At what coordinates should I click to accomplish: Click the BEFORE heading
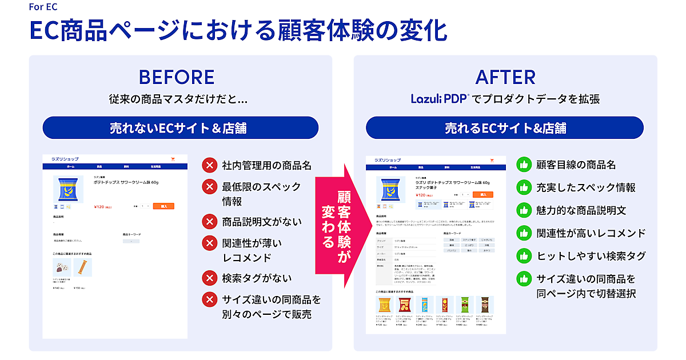click(177, 77)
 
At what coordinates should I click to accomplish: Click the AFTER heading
click(505, 77)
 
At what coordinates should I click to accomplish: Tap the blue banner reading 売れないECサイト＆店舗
click(180, 127)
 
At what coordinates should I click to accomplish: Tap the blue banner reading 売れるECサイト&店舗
click(505, 127)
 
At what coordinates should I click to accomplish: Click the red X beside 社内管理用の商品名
click(210, 166)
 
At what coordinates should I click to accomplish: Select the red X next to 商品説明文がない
click(210, 221)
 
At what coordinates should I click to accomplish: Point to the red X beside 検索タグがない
click(210, 278)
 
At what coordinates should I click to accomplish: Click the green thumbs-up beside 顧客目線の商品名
click(524, 165)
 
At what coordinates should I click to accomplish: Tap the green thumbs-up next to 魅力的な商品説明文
click(524, 210)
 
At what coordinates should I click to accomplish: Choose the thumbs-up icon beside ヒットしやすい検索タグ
click(524, 256)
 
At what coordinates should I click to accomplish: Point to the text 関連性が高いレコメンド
click(591, 233)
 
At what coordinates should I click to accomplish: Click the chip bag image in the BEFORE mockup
click(67, 189)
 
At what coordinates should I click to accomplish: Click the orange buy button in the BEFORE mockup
click(163, 206)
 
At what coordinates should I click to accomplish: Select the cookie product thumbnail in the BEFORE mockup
click(62, 267)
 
